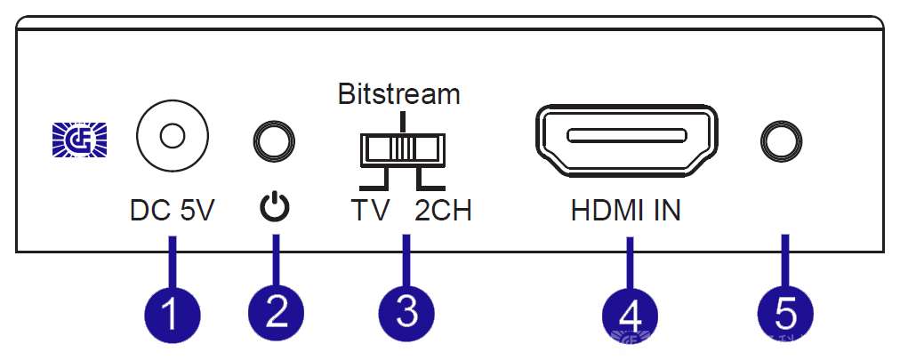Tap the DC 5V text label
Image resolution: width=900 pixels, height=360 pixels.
(x=173, y=212)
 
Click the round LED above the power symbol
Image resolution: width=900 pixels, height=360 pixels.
(x=275, y=140)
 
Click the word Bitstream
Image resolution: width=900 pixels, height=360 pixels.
(x=399, y=93)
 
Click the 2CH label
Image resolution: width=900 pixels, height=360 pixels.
(x=443, y=212)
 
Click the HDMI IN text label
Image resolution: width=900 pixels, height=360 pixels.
(x=626, y=212)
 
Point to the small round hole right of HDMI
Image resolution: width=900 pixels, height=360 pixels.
(x=783, y=139)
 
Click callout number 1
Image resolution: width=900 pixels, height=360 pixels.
(x=173, y=312)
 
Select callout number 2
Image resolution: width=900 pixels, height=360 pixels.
(x=276, y=312)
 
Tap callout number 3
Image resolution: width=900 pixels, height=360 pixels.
(x=406, y=312)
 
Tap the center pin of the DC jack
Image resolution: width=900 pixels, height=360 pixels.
(x=172, y=137)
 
